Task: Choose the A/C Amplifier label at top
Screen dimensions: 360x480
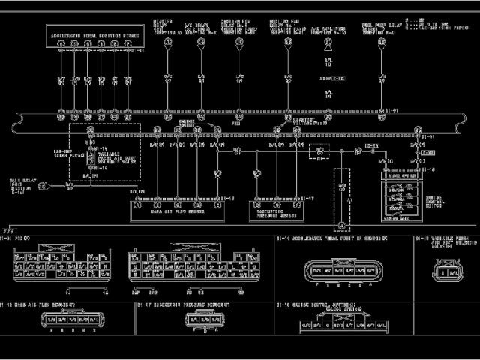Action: point(328,31)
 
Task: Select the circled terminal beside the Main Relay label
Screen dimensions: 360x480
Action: point(43,187)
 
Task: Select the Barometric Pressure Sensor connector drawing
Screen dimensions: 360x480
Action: point(196,322)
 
